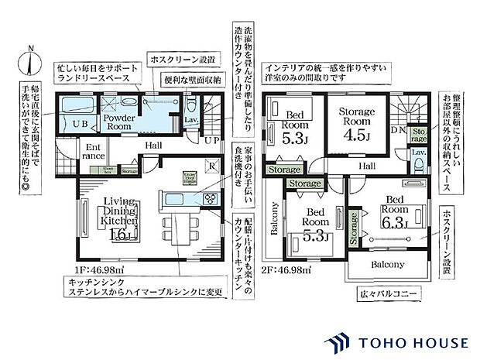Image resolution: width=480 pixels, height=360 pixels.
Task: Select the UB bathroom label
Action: click(80, 123)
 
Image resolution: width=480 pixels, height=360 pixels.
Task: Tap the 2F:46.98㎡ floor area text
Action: click(286, 270)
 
